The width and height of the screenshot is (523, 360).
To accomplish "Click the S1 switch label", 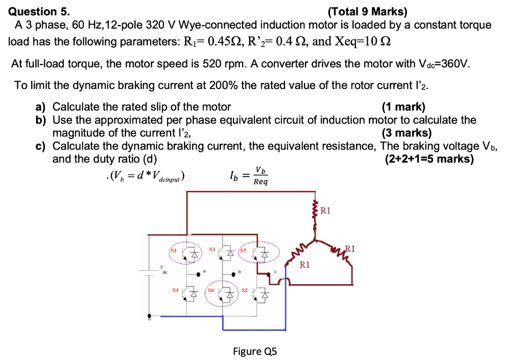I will [173, 250].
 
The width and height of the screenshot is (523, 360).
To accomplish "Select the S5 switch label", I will [243, 250].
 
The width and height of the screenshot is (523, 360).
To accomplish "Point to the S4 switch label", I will [175, 290].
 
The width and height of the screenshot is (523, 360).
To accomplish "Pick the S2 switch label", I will [244, 290].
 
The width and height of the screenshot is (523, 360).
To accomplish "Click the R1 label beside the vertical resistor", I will [326, 210].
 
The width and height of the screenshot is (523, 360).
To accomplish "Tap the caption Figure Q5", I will [255, 351].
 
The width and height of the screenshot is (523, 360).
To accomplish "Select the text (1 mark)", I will [403, 107].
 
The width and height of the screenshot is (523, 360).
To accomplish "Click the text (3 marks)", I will [407, 133].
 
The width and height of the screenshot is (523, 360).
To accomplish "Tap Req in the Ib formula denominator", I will [260, 182].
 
